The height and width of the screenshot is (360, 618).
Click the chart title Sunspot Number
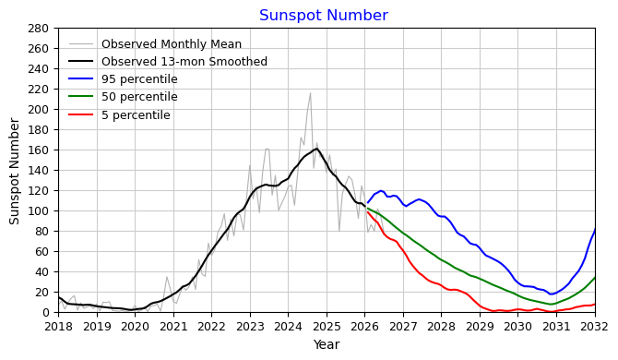(324, 16)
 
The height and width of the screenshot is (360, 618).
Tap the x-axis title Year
(327, 344)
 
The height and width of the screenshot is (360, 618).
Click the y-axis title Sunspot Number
(14, 171)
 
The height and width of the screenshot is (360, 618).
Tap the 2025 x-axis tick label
(327, 327)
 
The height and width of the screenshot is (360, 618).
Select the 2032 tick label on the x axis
(595, 327)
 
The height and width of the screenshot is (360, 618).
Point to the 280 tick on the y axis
(38, 29)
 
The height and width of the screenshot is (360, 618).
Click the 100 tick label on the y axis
(38, 211)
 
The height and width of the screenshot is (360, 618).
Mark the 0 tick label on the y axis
(45, 312)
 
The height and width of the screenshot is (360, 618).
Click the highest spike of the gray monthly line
(310, 93)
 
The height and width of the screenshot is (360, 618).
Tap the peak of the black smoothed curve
(316, 149)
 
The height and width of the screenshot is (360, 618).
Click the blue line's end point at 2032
(595, 228)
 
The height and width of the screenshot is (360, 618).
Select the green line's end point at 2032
(595, 277)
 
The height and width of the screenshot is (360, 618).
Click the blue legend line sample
(81, 78)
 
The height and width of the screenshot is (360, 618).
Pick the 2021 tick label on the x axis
(173, 327)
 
